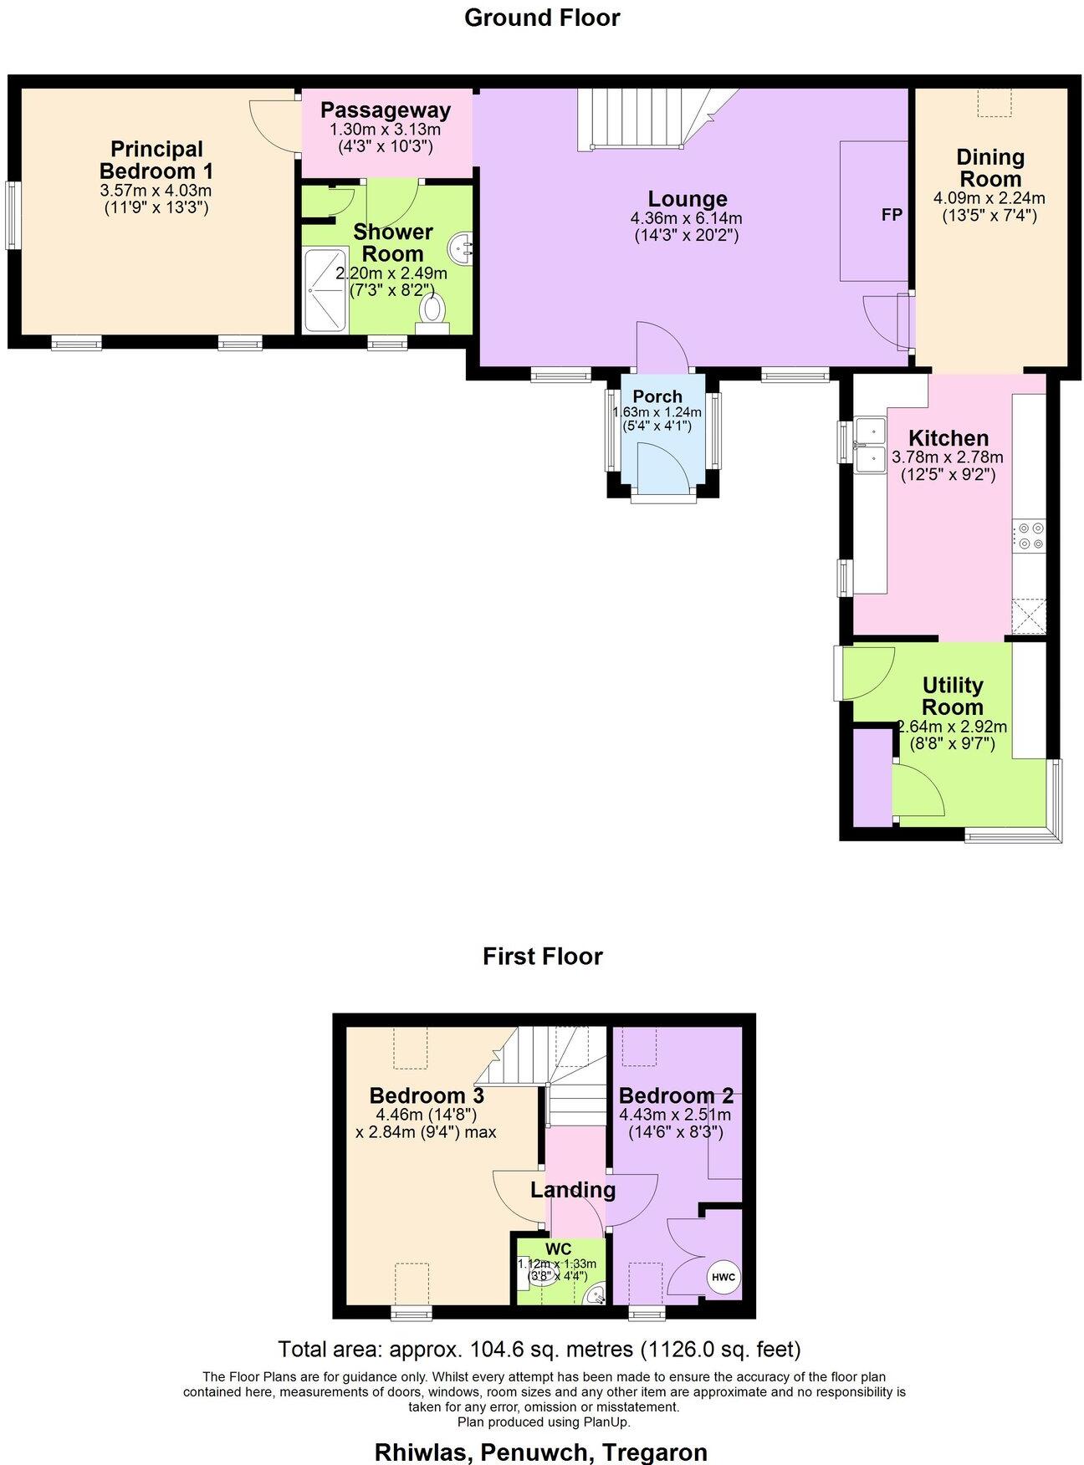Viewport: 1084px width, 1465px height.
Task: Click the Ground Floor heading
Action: tap(542, 18)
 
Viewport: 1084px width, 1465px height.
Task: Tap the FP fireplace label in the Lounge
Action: tap(892, 215)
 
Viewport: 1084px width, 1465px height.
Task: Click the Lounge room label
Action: tap(687, 199)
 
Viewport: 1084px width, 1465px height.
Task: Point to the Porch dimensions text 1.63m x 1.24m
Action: tap(657, 412)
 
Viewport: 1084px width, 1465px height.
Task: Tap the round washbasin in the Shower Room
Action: tap(461, 247)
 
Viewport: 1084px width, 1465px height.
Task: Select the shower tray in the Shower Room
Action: tap(325, 289)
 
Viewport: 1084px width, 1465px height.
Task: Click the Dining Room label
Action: tap(989, 168)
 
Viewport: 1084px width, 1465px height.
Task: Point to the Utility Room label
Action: tap(952, 696)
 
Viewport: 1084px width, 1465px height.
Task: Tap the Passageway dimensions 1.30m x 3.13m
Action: tap(385, 130)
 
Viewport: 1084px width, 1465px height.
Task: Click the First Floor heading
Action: tap(542, 956)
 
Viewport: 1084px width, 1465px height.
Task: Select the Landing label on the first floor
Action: tap(573, 1189)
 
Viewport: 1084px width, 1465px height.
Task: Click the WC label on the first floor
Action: tap(558, 1249)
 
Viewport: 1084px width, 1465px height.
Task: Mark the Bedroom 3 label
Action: tap(427, 1095)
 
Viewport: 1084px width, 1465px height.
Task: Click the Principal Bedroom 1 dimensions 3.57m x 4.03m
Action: tap(156, 191)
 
